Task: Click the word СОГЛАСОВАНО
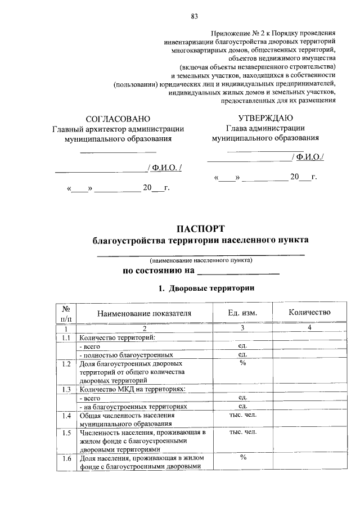(118, 119)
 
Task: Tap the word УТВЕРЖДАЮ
(265, 118)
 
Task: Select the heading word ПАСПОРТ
(200, 228)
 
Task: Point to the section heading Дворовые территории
(211, 289)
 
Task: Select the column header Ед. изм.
(243, 313)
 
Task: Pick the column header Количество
(309, 312)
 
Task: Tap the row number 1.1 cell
(66, 337)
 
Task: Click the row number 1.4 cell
(66, 416)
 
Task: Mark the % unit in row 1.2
(243, 363)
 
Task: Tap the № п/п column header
(66, 313)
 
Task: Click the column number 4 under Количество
(309, 328)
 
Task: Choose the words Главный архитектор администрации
(118, 129)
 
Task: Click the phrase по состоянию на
(159, 271)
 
